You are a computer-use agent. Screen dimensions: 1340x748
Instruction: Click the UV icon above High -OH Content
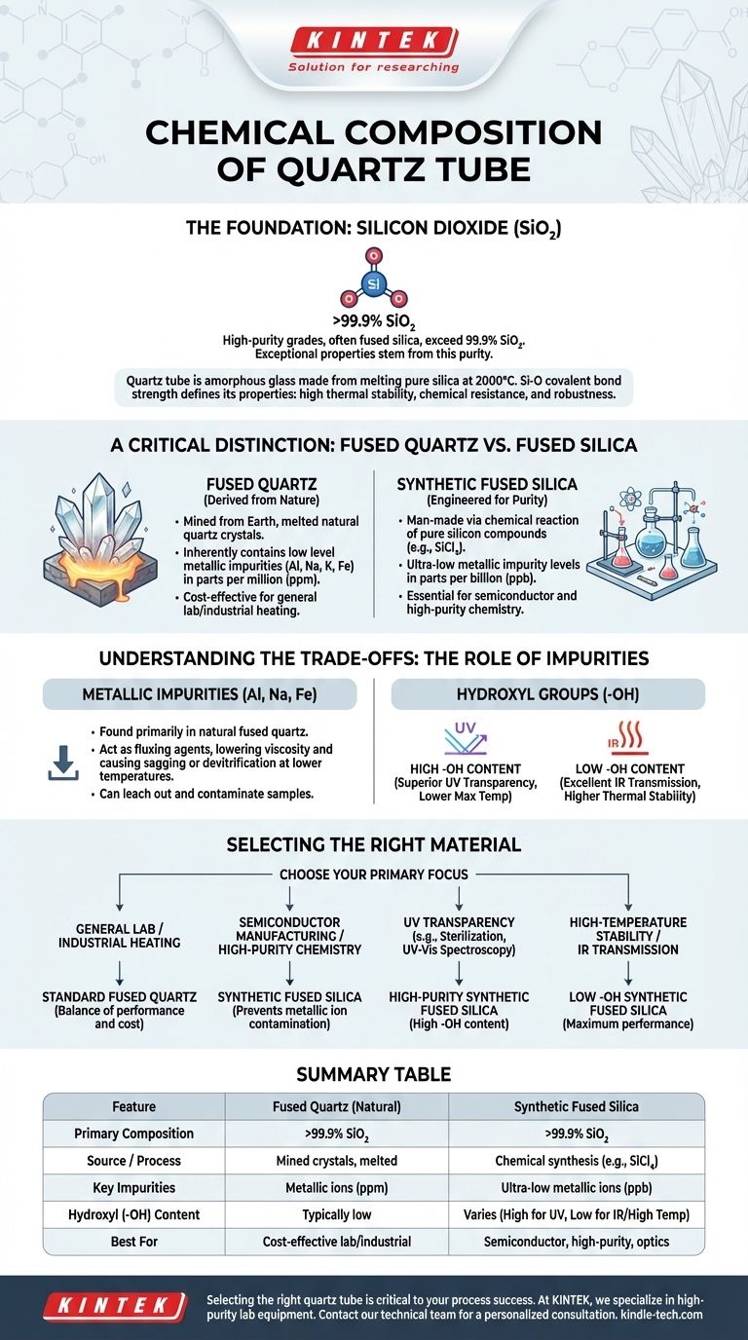(468, 737)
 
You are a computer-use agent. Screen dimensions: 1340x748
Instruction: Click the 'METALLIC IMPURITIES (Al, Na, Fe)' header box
(200, 694)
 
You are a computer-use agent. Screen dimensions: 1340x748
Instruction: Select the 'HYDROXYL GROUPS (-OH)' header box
(547, 694)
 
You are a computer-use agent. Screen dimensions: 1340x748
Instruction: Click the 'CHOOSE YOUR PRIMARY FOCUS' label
(374, 874)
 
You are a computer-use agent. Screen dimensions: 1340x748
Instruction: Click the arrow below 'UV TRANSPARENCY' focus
(459, 968)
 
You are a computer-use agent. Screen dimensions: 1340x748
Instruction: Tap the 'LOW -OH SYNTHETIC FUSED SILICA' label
(628, 1004)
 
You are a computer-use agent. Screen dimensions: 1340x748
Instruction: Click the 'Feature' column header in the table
(134, 1106)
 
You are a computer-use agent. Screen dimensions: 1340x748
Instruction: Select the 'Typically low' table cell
(336, 1214)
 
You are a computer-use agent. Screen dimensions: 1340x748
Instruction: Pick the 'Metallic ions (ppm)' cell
(336, 1187)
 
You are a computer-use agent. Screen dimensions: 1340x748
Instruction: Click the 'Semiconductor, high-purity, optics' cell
(576, 1242)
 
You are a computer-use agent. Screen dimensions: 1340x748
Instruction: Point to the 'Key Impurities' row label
(134, 1187)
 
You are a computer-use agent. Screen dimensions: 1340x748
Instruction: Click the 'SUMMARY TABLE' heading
(374, 1074)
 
